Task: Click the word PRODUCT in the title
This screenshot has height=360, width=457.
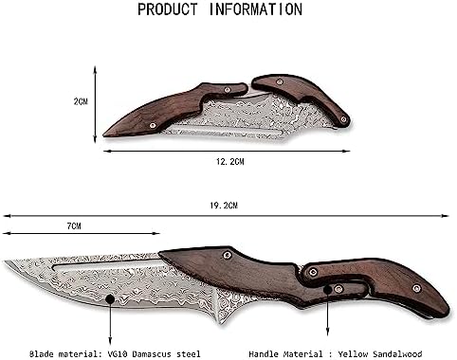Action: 168,9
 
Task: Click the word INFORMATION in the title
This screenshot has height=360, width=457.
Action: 256,9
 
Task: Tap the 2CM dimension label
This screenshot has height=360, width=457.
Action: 81,101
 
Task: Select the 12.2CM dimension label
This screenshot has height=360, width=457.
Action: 230,162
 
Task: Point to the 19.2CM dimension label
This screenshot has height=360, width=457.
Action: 224,206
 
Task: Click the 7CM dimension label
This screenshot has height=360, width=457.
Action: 74,226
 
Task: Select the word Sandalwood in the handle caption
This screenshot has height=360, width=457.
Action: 397,354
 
